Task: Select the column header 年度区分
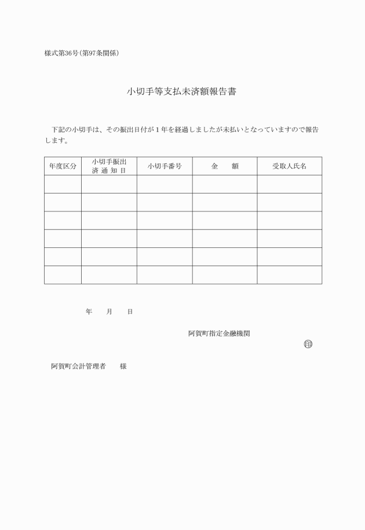[63, 166]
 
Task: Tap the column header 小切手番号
[165, 166]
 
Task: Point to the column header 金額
[225, 166]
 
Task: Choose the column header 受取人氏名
[289, 166]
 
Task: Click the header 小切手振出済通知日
[109, 166]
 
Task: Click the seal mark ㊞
[308, 345]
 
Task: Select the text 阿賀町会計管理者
[78, 367]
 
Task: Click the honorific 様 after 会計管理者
[123, 367]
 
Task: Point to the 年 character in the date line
[89, 312]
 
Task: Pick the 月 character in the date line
[110, 312]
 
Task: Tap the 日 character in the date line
[130, 312]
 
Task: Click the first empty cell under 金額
[225, 184]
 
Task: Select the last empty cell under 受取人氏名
[289, 275]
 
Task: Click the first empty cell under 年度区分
[63, 184]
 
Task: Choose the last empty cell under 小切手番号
[165, 275]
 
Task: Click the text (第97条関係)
[101, 53]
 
